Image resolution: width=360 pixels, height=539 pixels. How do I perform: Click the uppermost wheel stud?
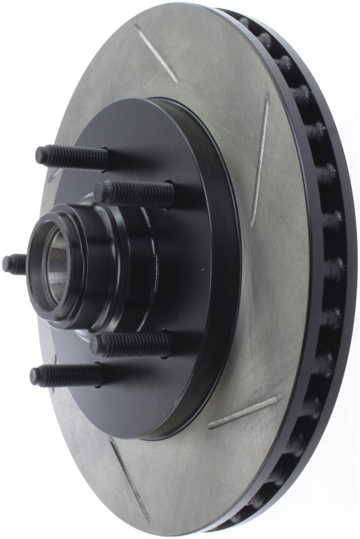[71, 155]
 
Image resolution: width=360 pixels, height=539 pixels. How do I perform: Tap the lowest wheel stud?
[66, 375]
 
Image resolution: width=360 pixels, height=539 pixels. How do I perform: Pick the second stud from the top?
[134, 193]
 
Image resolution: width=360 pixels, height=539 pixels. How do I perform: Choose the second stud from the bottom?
[130, 344]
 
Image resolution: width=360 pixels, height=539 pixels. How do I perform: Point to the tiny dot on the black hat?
[203, 272]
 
